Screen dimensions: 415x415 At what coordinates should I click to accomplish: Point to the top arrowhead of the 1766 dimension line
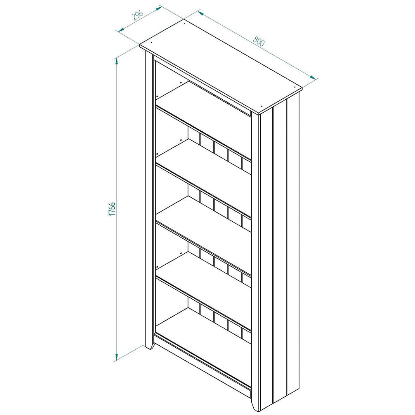[x=117, y=60]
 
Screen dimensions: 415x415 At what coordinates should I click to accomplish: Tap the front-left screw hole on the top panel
[x=151, y=42]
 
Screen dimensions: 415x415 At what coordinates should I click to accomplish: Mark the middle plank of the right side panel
[x=280, y=251]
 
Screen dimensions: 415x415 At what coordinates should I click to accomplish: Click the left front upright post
[x=149, y=199]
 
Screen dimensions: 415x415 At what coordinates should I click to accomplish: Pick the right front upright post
[x=255, y=259]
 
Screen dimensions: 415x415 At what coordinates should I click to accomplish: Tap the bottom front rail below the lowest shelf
[x=203, y=365]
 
